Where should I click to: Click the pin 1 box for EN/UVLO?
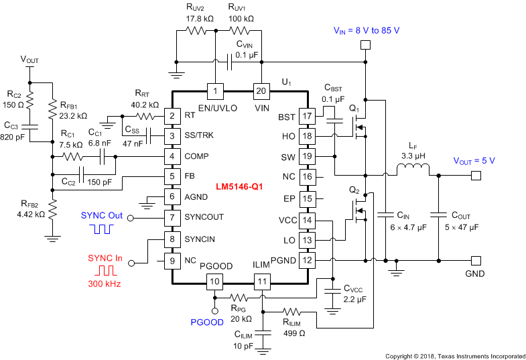(x=214, y=91)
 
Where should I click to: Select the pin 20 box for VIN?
(x=260, y=91)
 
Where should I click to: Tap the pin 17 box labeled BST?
(x=307, y=117)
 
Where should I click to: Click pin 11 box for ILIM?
(x=261, y=282)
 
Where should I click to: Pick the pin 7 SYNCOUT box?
(x=173, y=217)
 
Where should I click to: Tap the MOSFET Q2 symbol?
(x=358, y=213)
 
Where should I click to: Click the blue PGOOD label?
(x=208, y=322)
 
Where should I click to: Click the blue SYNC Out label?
(x=101, y=216)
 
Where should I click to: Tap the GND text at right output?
(x=474, y=274)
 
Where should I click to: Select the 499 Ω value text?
(x=294, y=333)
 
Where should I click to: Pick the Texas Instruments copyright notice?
(x=455, y=355)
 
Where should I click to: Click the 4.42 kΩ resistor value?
(x=26, y=215)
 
